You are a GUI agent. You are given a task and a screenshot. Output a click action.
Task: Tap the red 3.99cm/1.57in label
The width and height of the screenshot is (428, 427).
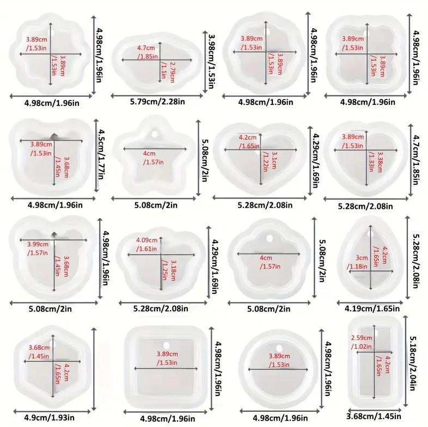[x=36, y=248]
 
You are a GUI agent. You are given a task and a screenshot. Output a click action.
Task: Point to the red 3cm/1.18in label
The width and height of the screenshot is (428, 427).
[x=357, y=262]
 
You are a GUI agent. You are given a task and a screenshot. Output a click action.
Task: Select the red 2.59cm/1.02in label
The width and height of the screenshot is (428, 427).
[x=362, y=342]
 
